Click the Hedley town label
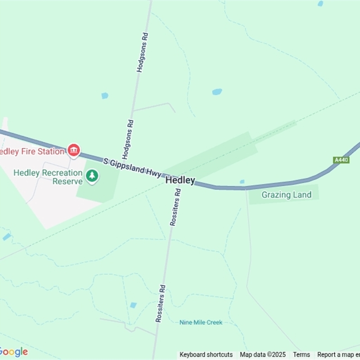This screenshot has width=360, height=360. pyautogui.click(x=180, y=180)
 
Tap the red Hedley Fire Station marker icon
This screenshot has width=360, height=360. pyautogui.click(x=74, y=150)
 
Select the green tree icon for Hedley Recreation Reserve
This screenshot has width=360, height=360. pyautogui.click(x=92, y=175)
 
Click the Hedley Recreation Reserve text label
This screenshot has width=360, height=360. pyautogui.click(x=48, y=177)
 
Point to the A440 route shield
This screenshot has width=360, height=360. pyautogui.click(x=342, y=160)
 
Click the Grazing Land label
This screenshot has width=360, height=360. pyautogui.click(x=286, y=195)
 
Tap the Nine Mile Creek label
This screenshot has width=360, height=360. pyautogui.click(x=201, y=322)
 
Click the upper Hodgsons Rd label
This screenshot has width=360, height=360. pyautogui.click(x=142, y=53)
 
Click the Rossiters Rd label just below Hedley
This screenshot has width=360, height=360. pyautogui.click(x=175, y=207)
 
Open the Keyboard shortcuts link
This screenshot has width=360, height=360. pyautogui.click(x=206, y=355)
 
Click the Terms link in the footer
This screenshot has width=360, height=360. pyautogui.click(x=301, y=355)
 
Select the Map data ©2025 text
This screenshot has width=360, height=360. pyautogui.click(x=263, y=355)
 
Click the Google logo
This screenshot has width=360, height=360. pyautogui.click(x=13, y=352)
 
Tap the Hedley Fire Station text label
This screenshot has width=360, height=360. pyautogui.click(x=32, y=151)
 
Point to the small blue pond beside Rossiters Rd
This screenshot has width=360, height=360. pyautogui.click(x=133, y=305)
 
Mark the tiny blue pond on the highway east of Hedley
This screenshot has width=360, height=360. pyautogui.click(x=242, y=182)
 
